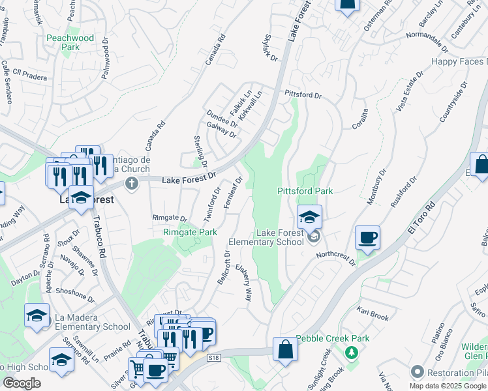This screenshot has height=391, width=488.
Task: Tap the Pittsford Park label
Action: pyautogui.click(x=305, y=191)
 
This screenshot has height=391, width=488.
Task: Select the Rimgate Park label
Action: pyautogui.click(x=190, y=231)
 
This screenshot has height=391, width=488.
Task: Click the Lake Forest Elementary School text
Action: pyautogui.click(x=280, y=237)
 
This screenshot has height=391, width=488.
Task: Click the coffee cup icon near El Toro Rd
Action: pyautogui.click(x=368, y=238)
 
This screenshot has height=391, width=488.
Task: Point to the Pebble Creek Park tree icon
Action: pyautogui.click(x=353, y=352)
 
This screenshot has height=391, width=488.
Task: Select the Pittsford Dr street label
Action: pyautogui.click(x=303, y=95)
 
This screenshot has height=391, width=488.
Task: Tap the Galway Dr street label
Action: pyautogui.click(x=221, y=129)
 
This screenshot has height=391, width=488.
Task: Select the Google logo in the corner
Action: pyautogui.click(x=22, y=383)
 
